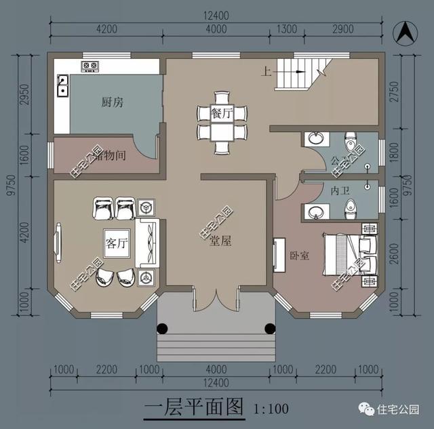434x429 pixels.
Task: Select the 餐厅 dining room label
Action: pos(222,113)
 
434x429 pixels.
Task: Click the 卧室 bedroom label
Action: pos(299,256)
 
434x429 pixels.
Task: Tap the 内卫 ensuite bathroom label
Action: pos(339,192)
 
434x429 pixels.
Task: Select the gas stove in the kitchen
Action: pos(90,66)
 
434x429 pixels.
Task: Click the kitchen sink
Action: pos(62,86)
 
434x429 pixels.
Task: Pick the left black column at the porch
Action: pos(163,329)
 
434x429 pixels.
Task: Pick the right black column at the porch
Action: pos(270,329)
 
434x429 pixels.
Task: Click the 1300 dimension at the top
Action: pos(287,29)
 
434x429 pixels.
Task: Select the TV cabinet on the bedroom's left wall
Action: pos(278,255)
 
